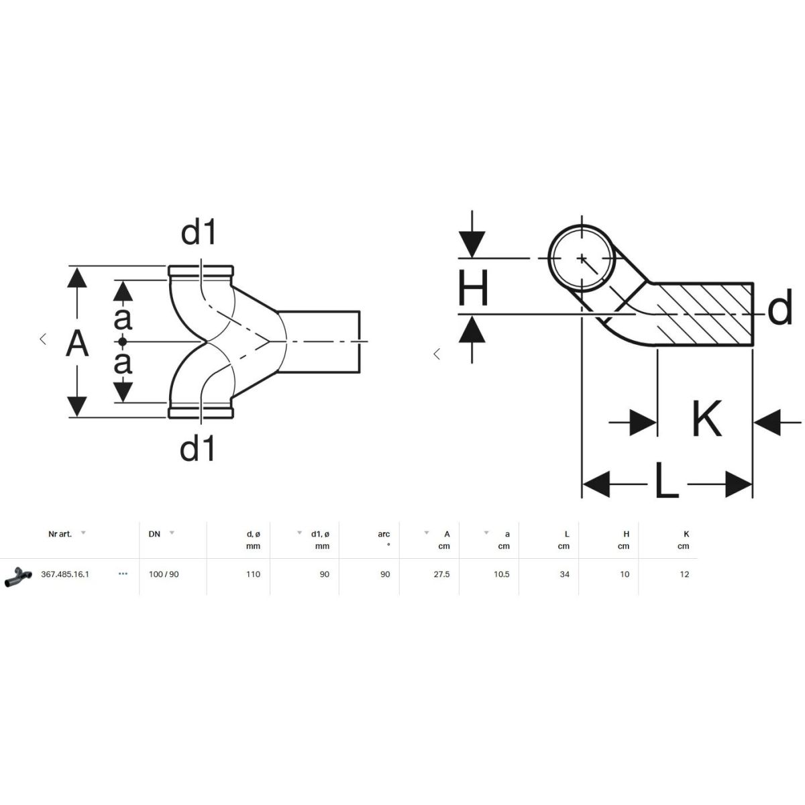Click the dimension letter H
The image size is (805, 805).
click(x=473, y=288)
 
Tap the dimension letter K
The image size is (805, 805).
click(x=706, y=419)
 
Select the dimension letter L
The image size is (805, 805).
click(x=666, y=480)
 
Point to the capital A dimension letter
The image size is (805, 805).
click(x=77, y=343)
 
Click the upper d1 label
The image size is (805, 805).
click(x=198, y=232)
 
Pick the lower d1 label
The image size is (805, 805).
click(x=197, y=448)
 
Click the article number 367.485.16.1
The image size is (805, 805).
click(x=65, y=574)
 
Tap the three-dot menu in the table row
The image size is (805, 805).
click(x=123, y=574)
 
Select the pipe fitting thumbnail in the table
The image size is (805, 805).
click(x=18, y=576)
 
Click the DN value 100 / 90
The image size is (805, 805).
click(x=164, y=574)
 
